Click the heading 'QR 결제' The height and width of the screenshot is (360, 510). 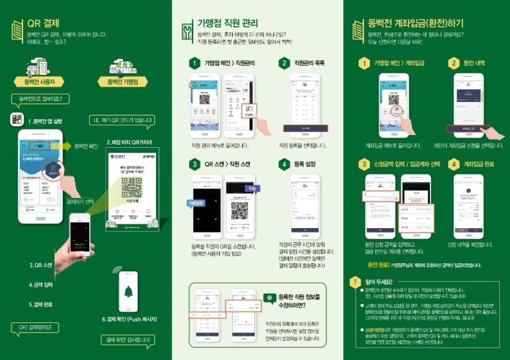tap(43, 23)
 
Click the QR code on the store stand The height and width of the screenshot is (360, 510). tap(130, 188)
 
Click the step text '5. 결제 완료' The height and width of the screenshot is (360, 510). tap(42, 305)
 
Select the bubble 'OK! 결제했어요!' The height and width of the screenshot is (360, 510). tap(36, 327)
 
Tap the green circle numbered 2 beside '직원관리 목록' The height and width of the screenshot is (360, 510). tap(284, 63)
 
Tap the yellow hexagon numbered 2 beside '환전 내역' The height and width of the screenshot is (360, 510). tap(453, 63)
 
